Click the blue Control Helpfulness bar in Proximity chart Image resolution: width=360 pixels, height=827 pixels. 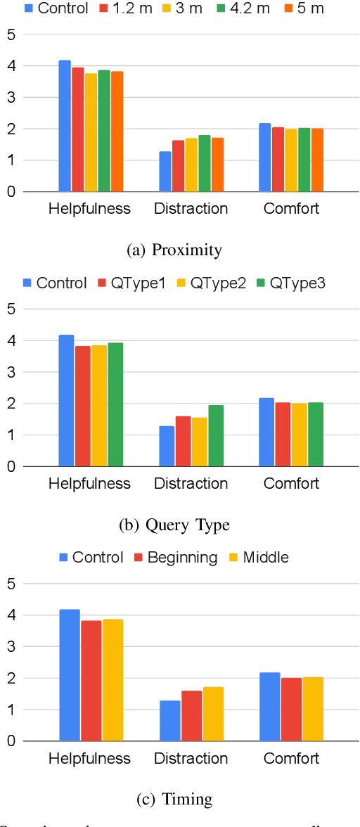tap(65, 127)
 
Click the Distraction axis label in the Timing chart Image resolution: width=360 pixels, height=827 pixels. tap(191, 758)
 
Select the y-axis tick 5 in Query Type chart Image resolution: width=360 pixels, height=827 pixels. tap(11, 309)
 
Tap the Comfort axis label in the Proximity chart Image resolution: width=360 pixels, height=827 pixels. tap(291, 209)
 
